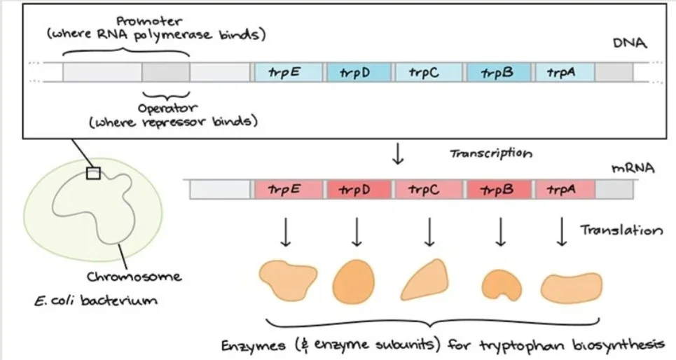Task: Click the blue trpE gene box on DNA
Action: tap(287, 72)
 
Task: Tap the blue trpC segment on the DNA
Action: tap(427, 72)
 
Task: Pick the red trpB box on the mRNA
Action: tap(498, 189)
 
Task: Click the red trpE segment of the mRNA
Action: tap(287, 189)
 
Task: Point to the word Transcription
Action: tap(490, 153)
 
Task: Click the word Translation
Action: tap(620, 230)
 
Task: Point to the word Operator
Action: tap(167, 108)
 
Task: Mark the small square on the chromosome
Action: tap(92, 173)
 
